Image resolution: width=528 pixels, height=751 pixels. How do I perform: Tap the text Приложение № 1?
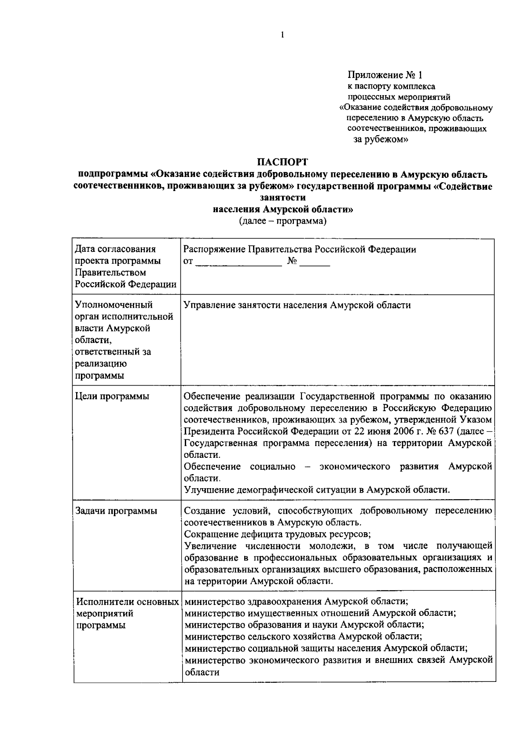tap(385, 75)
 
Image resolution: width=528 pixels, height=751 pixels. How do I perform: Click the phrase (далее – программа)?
tap(282, 221)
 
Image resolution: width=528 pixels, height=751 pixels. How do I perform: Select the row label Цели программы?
tap(112, 396)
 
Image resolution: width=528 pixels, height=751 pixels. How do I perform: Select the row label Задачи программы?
tap(116, 511)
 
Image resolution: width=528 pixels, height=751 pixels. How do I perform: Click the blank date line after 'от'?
tap(238, 262)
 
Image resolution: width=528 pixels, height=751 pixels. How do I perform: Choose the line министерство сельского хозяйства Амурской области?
tap(303, 636)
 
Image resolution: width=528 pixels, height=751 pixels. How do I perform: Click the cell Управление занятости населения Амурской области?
tap(297, 305)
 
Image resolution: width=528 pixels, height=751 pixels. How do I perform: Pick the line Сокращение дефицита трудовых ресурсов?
tap(277, 534)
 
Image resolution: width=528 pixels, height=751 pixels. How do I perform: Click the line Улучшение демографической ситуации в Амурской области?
tap(316, 490)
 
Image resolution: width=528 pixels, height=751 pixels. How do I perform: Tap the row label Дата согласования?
tap(115, 250)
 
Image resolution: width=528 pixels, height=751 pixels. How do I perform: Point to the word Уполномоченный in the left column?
tap(114, 305)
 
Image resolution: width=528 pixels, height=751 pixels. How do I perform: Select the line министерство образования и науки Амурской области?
tap(304, 625)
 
